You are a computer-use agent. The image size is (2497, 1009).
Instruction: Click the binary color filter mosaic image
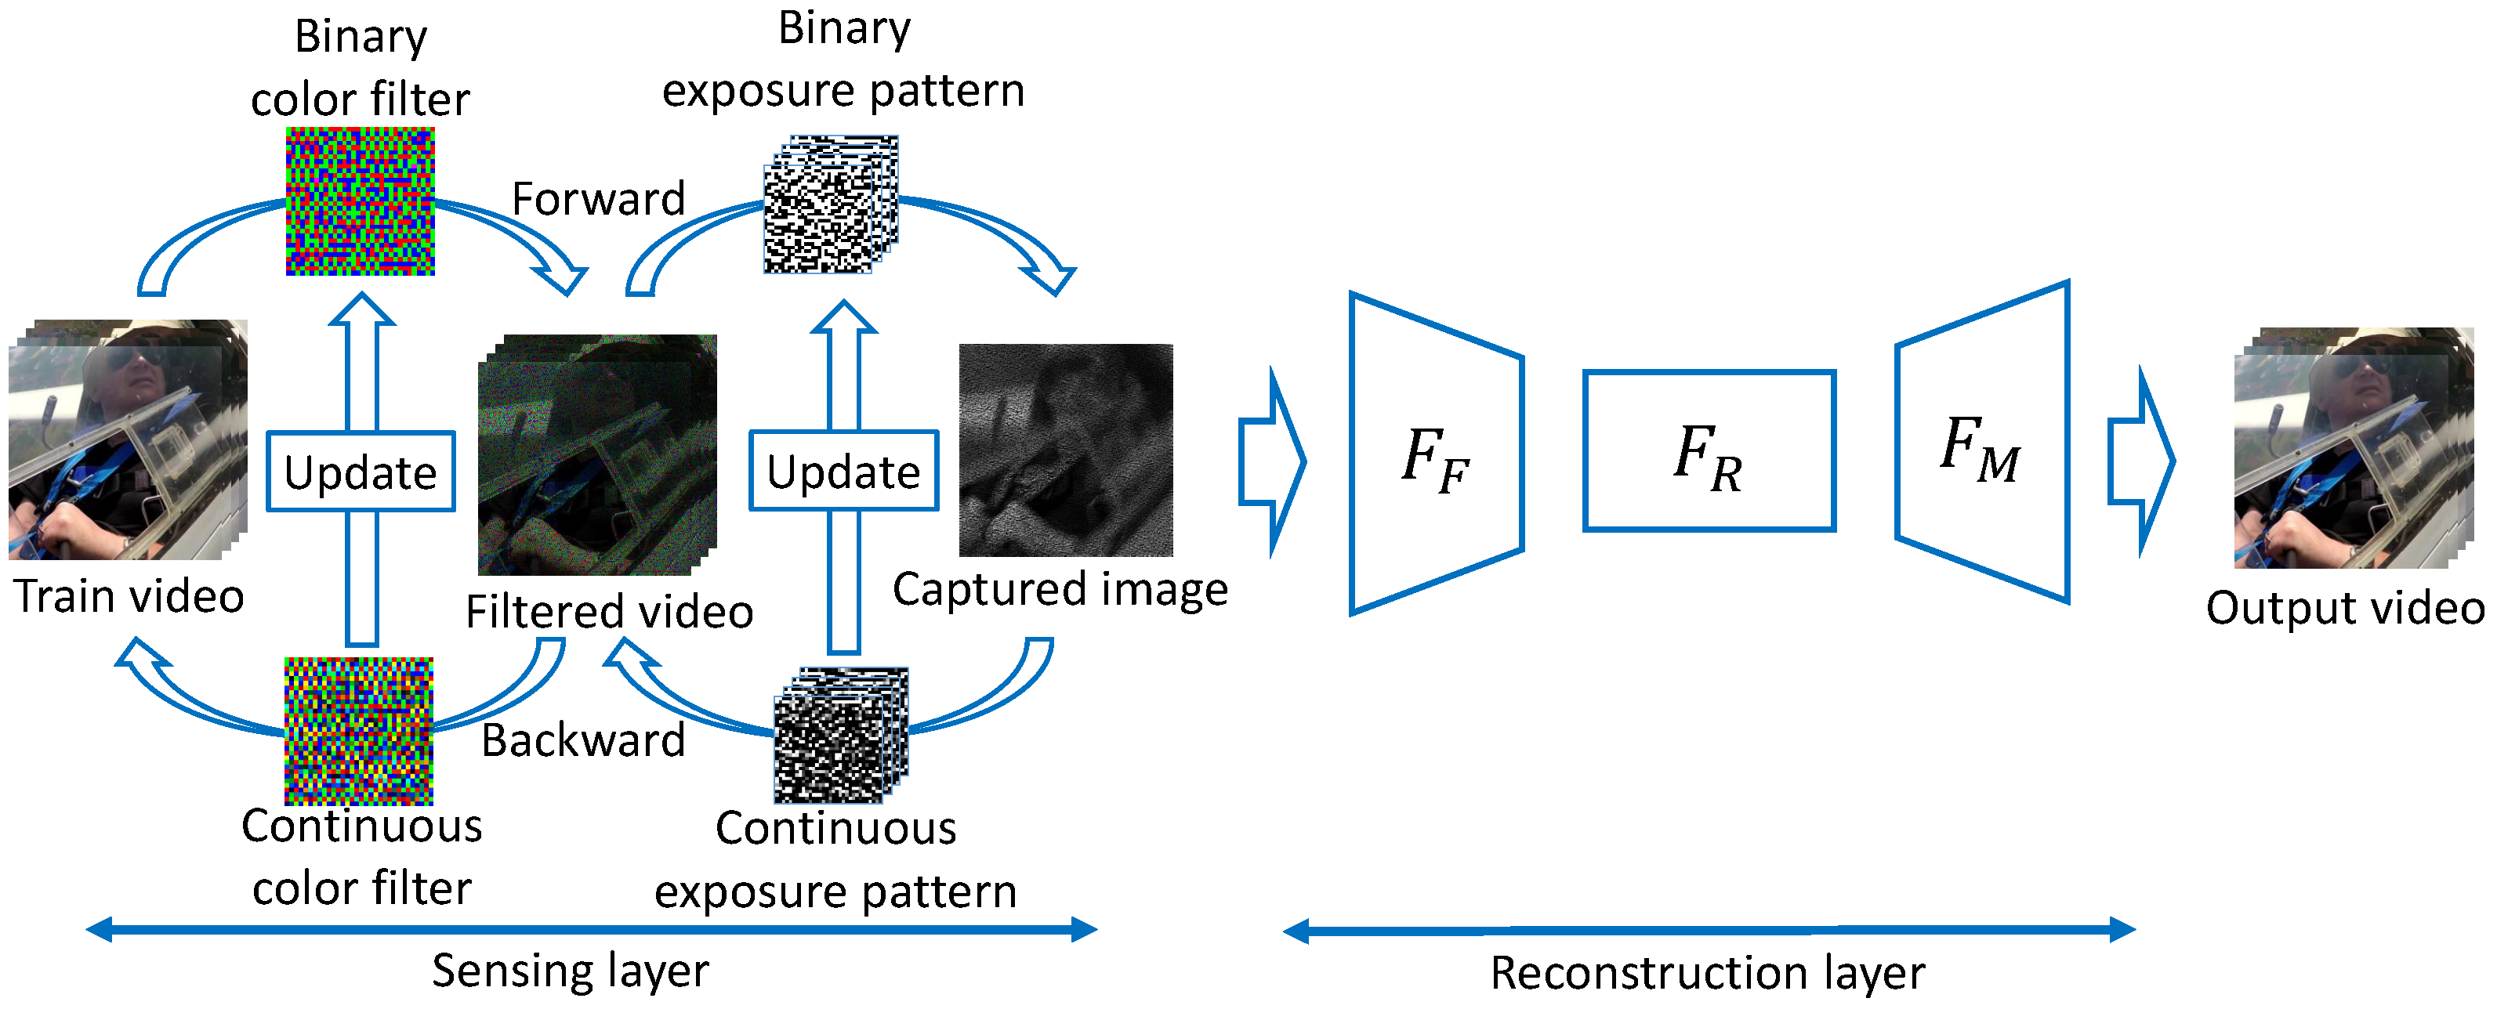[360, 201]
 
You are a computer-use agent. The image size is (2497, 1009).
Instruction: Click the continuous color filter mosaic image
[359, 731]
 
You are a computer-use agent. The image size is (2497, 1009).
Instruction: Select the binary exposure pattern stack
[830, 205]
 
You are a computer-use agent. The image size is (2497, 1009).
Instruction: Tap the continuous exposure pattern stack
[839, 736]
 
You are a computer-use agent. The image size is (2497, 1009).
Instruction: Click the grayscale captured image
[1065, 450]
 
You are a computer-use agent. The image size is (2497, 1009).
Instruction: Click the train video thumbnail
[127, 439]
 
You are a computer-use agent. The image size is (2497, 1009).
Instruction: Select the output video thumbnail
[2353, 448]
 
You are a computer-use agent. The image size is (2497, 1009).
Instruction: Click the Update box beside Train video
[361, 472]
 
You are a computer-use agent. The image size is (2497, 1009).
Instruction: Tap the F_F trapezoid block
[1436, 454]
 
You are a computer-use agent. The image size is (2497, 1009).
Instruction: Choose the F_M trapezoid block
[1982, 442]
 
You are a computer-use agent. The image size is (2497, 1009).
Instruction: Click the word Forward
[598, 199]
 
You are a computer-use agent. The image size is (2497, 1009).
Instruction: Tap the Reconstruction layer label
[1707, 972]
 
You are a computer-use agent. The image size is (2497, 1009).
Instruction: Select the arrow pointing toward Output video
[2141, 461]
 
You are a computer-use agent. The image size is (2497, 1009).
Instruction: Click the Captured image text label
[1060, 589]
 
